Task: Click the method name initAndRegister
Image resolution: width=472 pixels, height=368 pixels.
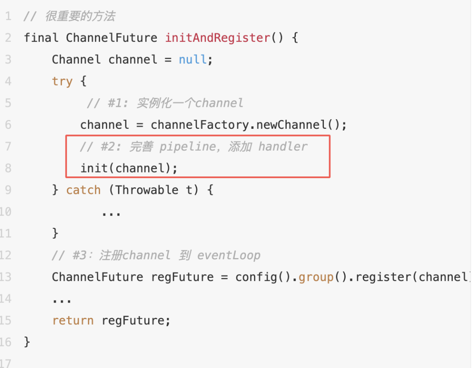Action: [x=217, y=38]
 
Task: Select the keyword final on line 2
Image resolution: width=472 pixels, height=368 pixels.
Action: [x=41, y=38]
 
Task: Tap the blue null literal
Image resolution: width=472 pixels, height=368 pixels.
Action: [x=193, y=59]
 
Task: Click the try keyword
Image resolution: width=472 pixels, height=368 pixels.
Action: [x=62, y=81]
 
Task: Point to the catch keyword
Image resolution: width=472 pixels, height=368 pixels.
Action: [x=83, y=190]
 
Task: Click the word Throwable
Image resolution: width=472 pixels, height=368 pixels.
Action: [x=147, y=190]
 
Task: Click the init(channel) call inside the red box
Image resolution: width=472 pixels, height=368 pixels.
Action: [x=129, y=168]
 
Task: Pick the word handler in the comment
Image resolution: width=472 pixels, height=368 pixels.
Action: [x=283, y=147]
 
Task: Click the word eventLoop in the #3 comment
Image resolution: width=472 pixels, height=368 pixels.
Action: [x=229, y=255]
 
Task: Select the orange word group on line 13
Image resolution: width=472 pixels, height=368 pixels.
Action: [x=316, y=277]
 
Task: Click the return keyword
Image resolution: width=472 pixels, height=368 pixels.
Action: [x=73, y=320]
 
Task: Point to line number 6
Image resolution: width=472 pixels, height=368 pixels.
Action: [x=8, y=125]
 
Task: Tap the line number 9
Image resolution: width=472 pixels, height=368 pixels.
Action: [x=8, y=190]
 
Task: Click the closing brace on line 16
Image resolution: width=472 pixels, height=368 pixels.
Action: [x=27, y=342]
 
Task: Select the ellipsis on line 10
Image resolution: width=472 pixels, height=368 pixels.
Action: [x=111, y=213]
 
